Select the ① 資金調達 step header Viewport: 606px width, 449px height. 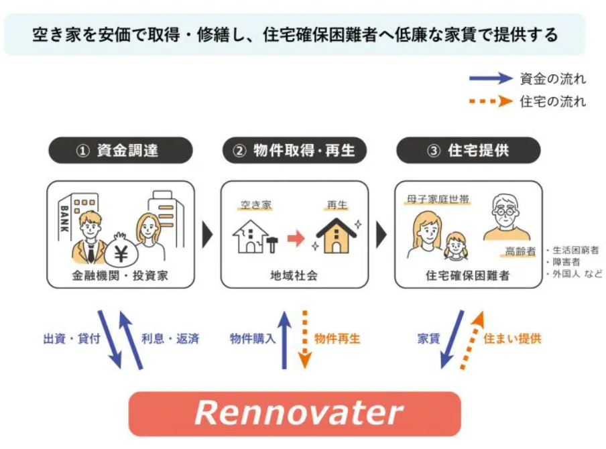coord(120,151)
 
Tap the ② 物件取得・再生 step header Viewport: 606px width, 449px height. coord(295,151)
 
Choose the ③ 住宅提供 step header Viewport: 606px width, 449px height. coord(468,151)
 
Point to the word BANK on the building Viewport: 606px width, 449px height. coord(65,218)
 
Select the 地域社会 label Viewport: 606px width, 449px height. coord(295,275)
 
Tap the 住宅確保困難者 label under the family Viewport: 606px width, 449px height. coord(468,275)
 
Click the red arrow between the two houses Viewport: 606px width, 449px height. coord(296,237)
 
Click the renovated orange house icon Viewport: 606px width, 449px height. coord(337,236)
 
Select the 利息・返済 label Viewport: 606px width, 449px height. coord(170,338)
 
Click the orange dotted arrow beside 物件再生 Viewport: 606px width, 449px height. coord(305,339)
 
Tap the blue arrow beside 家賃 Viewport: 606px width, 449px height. coord(453,338)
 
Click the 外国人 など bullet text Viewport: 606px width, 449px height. coord(574,274)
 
